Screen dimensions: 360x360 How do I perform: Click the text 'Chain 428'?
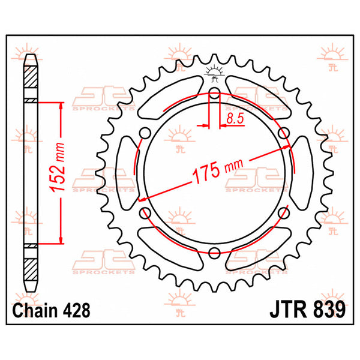[51, 311]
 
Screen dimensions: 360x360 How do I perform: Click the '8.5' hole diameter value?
[235, 119]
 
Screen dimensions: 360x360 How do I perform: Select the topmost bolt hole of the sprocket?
[215, 93]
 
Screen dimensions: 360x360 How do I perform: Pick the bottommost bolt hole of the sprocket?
[215, 253]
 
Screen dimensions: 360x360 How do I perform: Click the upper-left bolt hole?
[145, 133]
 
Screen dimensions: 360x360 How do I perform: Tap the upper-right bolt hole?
[284, 133]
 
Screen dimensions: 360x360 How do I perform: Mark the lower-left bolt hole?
[145, 213]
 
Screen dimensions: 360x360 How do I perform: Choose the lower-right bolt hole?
[284, 213]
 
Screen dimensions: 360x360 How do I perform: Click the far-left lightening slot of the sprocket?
[128, 173]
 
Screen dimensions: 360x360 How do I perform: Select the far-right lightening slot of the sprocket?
[301, 173]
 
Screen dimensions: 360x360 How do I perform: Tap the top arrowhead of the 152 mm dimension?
[61, 104]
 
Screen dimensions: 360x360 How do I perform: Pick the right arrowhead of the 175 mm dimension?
[286, 148]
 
